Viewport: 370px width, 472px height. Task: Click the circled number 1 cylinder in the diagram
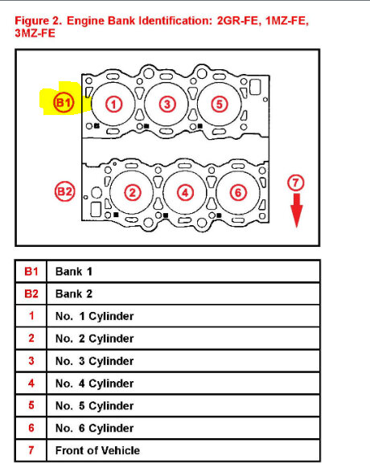(114, 104)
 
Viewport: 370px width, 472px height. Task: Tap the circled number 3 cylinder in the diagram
(166, 104)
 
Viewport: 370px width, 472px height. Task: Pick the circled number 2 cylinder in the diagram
(133, 192)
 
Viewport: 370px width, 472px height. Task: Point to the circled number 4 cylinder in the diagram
(185, 192)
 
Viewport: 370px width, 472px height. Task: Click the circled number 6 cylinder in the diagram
(237, 192)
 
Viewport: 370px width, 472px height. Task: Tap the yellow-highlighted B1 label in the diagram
(63, 103)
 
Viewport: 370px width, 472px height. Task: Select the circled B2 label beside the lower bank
(64, 192)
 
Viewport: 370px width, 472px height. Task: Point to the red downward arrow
(297, 211)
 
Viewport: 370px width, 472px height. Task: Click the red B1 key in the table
(31, 272)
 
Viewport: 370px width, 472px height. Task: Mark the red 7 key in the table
(31, 450)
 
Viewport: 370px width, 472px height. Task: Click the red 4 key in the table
(31, 384)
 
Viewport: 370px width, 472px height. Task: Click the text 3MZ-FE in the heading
(36, 32)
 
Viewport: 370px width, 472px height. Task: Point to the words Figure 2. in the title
(40, 18)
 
